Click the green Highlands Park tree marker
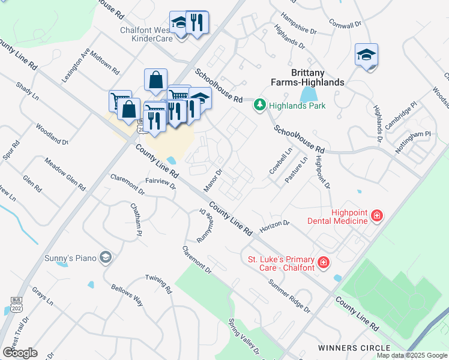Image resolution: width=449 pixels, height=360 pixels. tap(259, 106)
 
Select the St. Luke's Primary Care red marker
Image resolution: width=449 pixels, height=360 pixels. tap(323, 262)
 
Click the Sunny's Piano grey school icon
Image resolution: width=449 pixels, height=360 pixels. tap(106, 258)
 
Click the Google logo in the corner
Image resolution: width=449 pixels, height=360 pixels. tap(20, 352)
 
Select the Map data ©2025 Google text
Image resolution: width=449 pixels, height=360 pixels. tap(412, 356)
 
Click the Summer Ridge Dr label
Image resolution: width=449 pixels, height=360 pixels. tap(289, 296)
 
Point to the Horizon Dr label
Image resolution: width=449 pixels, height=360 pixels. tap(274, 227)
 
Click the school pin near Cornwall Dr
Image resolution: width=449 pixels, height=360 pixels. tap(366, 55)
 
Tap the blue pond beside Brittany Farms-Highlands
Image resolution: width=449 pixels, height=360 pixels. tap(307, 94)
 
